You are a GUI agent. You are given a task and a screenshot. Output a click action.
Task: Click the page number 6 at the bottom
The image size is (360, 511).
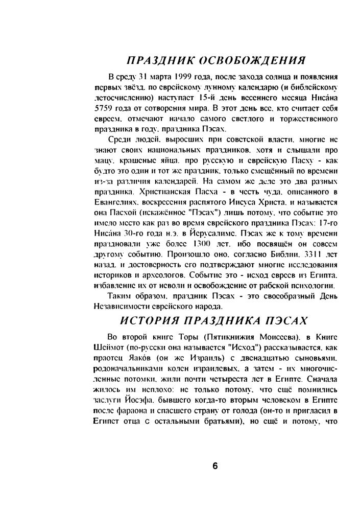(x=215, y=466)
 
